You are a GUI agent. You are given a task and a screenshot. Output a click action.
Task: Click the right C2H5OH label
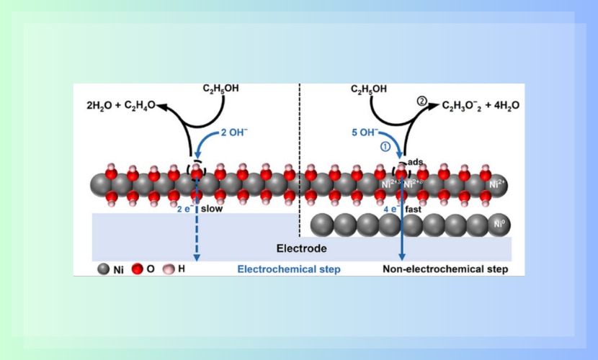coord(370,89)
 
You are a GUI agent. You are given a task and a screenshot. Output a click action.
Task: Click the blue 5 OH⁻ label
coord(366,131)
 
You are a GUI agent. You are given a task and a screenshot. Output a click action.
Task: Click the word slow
coord(212,210)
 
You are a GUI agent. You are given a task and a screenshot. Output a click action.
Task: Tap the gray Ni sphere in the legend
coord(104,269)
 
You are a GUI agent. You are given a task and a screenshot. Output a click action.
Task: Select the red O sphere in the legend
coord(138,269)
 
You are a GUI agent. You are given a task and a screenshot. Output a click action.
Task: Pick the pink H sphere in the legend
coord(169,269)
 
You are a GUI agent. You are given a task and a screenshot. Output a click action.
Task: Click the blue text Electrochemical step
coord(289,269)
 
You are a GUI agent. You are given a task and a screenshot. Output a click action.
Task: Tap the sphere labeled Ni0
coord(499,225)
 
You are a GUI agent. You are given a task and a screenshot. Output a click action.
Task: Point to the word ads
coord(416,163)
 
